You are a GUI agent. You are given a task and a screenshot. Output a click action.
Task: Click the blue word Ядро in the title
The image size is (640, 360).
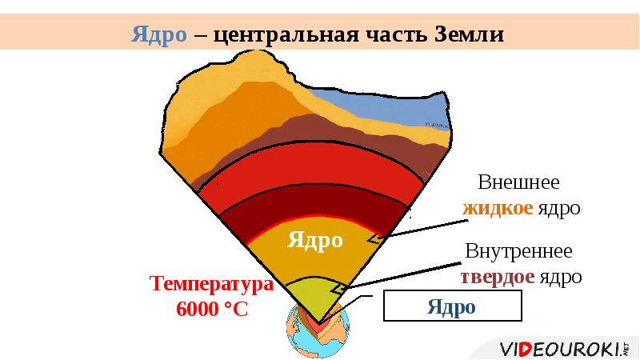160,35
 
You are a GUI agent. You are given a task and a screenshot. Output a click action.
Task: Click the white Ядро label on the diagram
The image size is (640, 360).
315,239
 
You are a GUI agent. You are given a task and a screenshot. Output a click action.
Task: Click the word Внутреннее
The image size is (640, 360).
519,250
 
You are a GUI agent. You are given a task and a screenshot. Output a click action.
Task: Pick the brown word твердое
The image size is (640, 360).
497,277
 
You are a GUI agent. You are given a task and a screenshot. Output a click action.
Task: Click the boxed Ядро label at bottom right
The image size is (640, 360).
451,306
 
